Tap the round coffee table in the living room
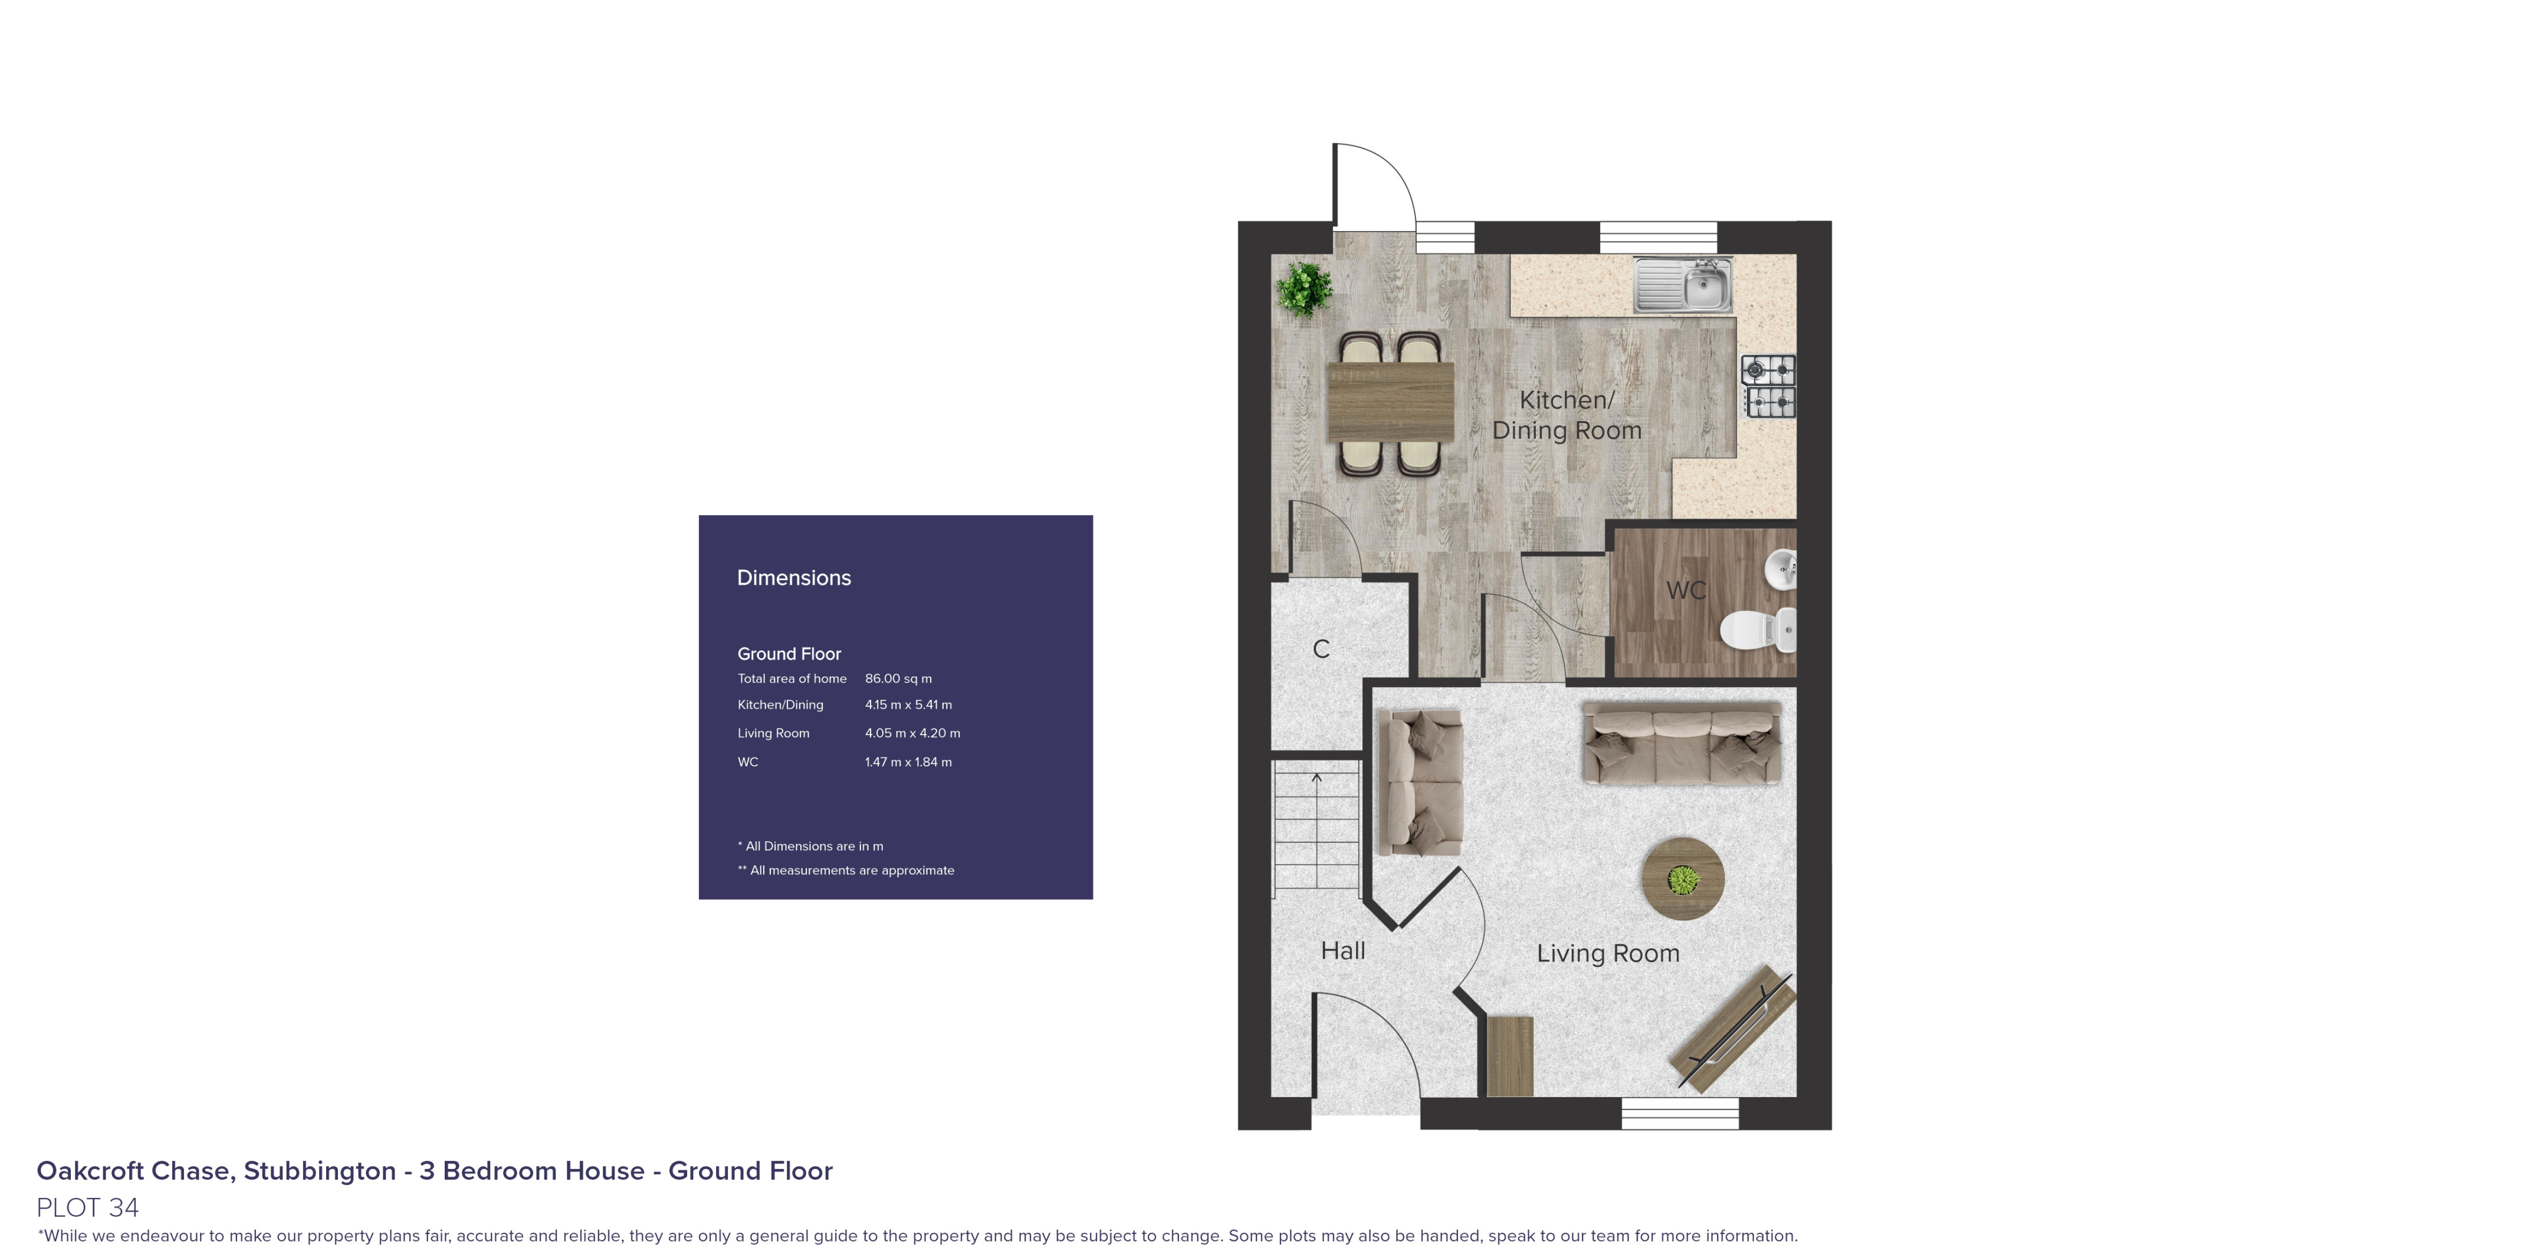coord(1683,878)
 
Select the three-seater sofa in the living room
coord(1682,743)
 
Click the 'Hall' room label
coord(1342,950)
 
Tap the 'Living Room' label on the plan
coord(1607,953)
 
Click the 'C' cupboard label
coord(1321,648)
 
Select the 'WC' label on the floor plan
coord(1686,590)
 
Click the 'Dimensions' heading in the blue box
coord(793,578)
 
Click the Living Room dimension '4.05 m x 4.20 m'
coord(912,733)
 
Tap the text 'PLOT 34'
coord(88,1207)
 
